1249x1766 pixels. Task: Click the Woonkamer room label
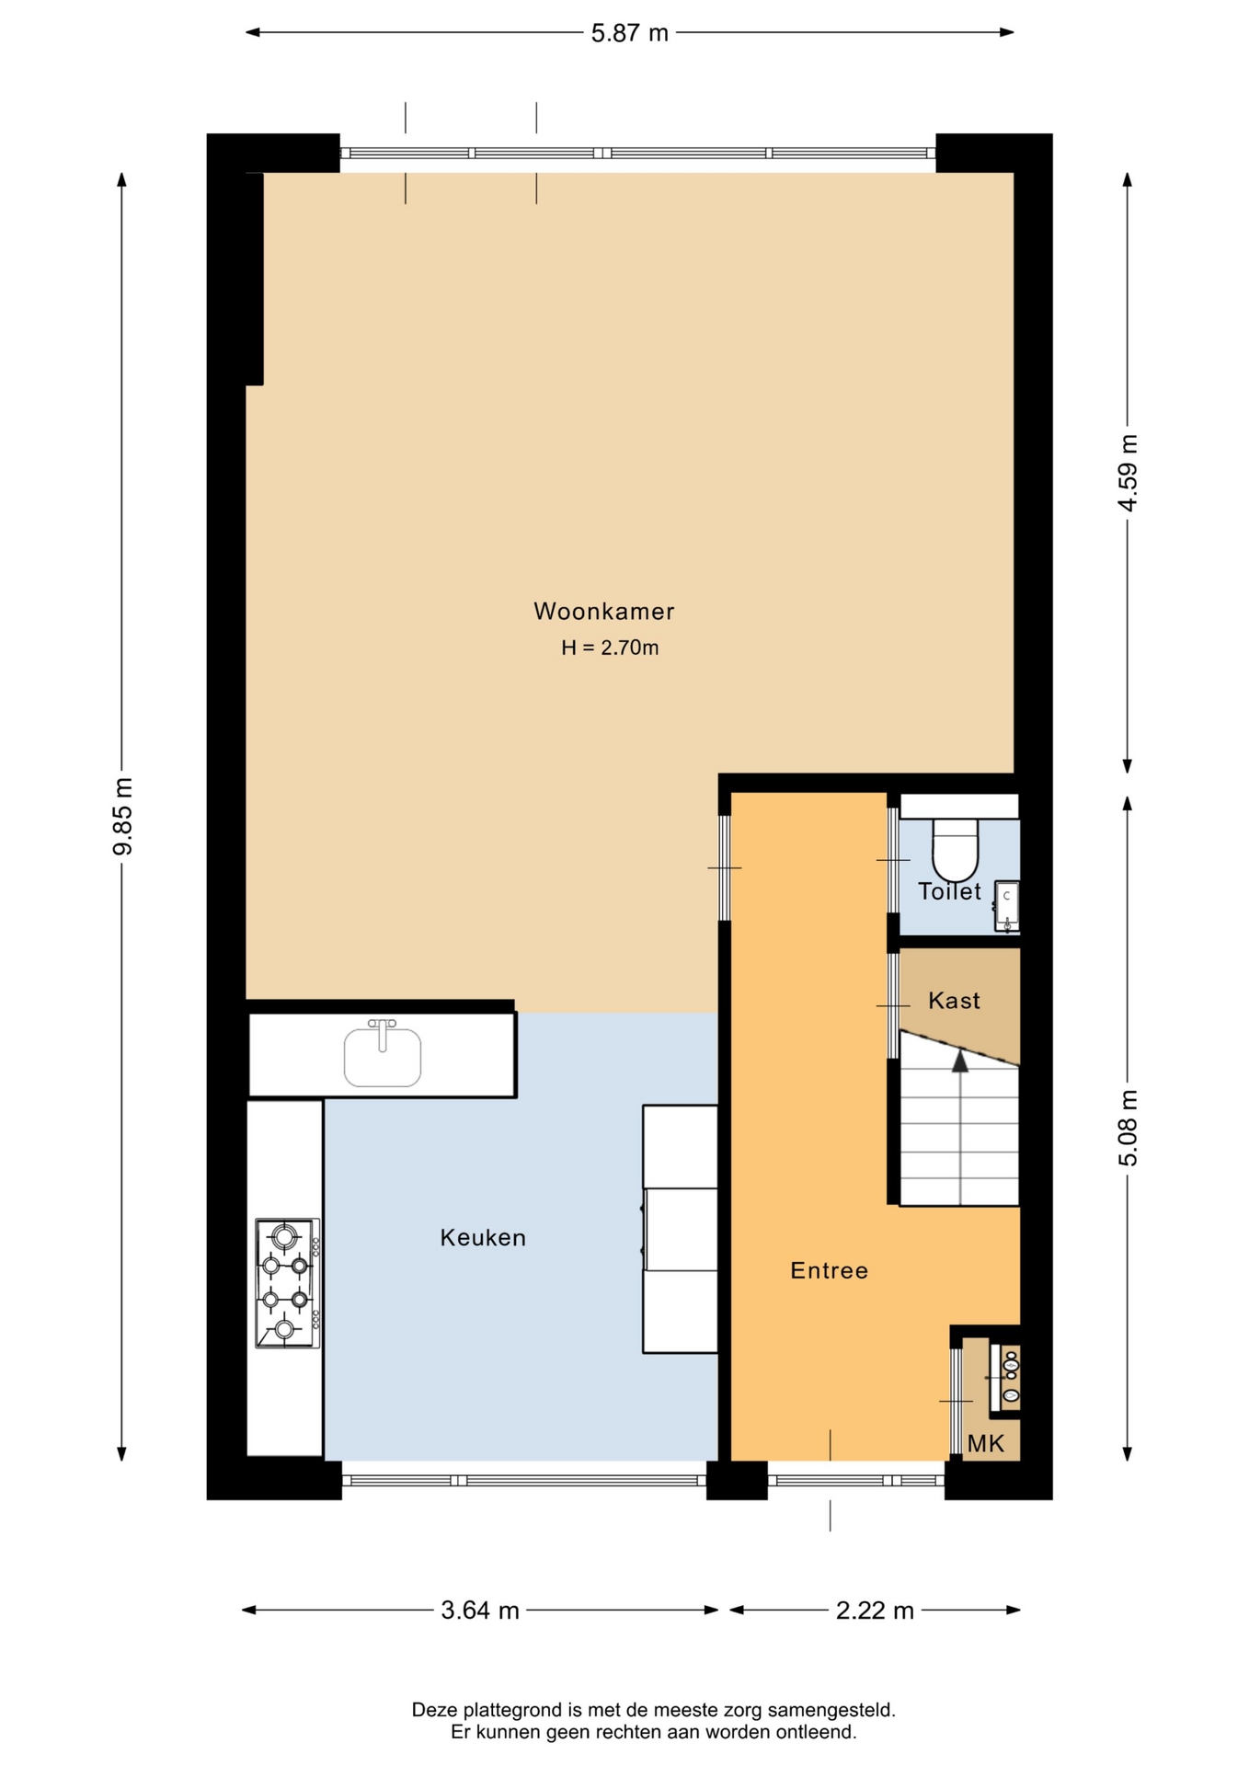click(603, 612)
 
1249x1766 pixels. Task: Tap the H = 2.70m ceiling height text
click(610, 648)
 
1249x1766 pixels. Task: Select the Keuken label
click(483, 1238)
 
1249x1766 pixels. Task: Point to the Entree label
click(829, 1271)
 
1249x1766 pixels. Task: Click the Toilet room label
click(949, 891)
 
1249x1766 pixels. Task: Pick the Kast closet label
click(954, 1001)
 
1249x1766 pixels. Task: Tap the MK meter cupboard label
click(985, 1444)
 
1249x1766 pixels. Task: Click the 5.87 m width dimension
click(629, 33)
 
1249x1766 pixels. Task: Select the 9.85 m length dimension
click(122, 816)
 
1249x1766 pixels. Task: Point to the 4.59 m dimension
click(1128, 473)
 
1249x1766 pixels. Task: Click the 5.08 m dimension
click(1128, 1128)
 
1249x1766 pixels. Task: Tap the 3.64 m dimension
click(480, 1611)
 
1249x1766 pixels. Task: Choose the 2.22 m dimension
click(875, 1611)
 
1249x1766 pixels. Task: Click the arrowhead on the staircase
click(960, 1061)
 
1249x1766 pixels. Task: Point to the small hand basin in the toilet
click(1007, 905)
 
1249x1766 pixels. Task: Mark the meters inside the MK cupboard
click(1005, 1379)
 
